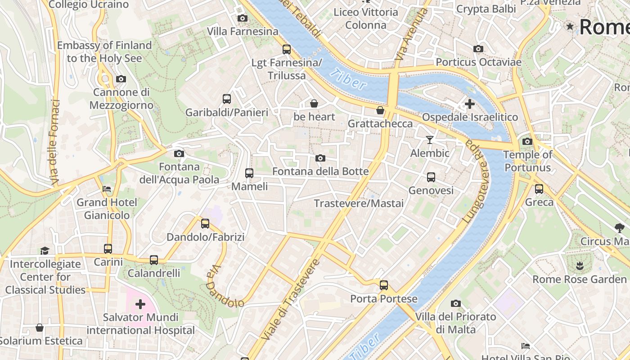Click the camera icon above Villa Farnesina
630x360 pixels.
[x=243, y=18]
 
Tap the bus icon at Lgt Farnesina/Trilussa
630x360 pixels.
[x=287, y=49]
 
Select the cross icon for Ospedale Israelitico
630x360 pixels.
[x=469, y=104]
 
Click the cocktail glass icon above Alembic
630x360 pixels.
[x=430, y=140]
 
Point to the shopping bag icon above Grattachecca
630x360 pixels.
[x=380, y=110]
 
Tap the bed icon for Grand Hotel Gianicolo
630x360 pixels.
[x=107, y=189]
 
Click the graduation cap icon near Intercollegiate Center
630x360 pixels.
[x=45, y=251]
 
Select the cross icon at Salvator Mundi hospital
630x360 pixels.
[x=140, y=304]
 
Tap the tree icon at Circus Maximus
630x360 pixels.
[x=620, y=228]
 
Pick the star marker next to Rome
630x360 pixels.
[x=570, y=27]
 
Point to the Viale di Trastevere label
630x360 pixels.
[x=291, y=299]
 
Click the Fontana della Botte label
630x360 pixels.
[x=320, y=171]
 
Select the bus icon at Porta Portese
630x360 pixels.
[x=383, y=285]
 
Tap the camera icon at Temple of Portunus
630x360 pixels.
[x=527, y=141]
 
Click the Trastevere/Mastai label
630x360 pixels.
[x=359, y=203]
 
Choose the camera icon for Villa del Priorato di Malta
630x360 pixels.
[x=456, y=303]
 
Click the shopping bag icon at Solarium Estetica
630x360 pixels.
[x=40, y=328]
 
